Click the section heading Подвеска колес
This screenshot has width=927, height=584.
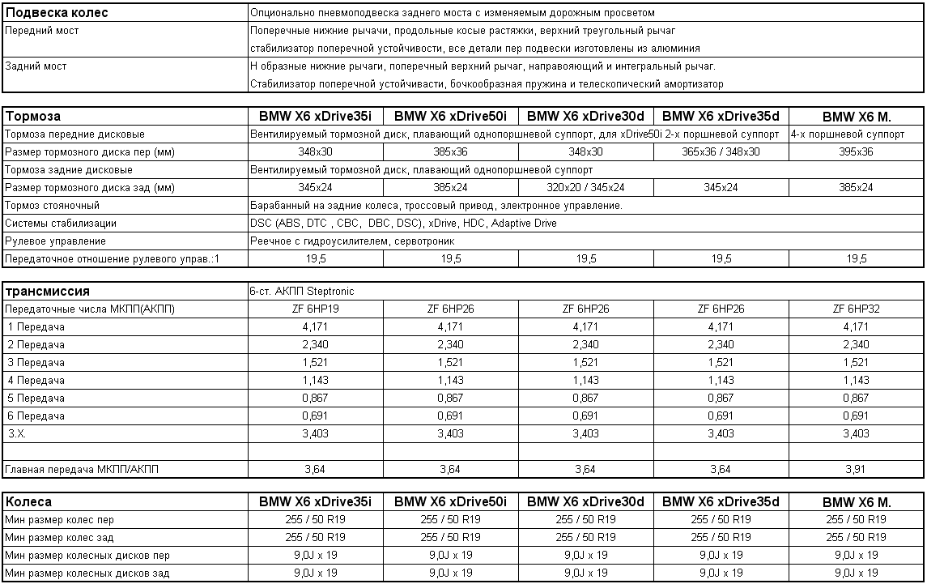coord(57,13)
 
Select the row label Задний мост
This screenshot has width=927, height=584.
coord(36,66)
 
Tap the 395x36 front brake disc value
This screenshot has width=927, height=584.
coord(856,152)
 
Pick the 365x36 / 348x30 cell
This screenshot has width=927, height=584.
coord(721,152)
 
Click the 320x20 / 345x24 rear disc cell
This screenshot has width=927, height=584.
coord(585,188)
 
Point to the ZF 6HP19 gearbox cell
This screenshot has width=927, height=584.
coord(315,309)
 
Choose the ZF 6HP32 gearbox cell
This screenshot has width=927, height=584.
coord(856,309)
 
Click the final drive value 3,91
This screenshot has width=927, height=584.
coord(856,469)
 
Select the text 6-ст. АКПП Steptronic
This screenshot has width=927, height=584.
coord(302,292)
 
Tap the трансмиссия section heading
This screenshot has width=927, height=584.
coord(48,292)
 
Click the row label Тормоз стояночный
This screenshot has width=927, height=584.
coord(53,206)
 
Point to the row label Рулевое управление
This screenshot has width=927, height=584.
coord(56,241)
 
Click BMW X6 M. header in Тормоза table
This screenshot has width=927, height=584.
coord(856,117)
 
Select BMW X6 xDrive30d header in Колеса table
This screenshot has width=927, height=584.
coord(585,502)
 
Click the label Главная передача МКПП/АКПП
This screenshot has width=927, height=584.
coord(83,469)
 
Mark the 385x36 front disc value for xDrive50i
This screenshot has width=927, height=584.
coord(450,152)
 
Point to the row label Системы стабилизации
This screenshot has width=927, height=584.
coord(61,224)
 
